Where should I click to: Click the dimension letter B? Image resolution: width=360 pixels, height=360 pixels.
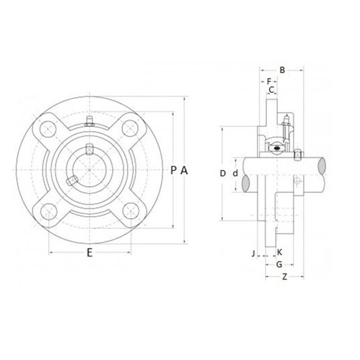282,70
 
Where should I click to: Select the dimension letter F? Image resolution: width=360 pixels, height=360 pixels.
269,81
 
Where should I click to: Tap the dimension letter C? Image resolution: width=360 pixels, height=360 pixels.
271,90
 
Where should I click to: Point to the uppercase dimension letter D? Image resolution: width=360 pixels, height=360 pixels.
222,173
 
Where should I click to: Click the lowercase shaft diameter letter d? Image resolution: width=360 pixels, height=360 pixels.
235,173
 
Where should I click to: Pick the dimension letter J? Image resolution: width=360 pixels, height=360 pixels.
253,253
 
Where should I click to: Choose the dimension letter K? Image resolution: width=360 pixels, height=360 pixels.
279,252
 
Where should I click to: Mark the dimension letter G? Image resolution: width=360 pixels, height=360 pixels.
279,264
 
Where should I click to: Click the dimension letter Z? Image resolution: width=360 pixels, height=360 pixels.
284,276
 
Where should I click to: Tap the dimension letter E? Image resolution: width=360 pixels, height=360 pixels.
89,252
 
